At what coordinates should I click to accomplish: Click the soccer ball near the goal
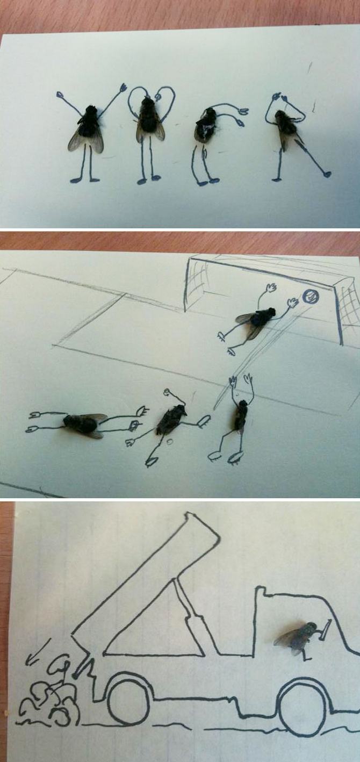click(x=310, y=296)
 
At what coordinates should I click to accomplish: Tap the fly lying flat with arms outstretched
click(x=83, y=425)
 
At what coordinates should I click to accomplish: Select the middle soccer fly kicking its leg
click(x=171, y=421)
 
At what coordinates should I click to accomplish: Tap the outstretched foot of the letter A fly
click(x=326, y=174)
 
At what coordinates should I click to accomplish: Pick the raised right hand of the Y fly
click(x=123, y=87)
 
